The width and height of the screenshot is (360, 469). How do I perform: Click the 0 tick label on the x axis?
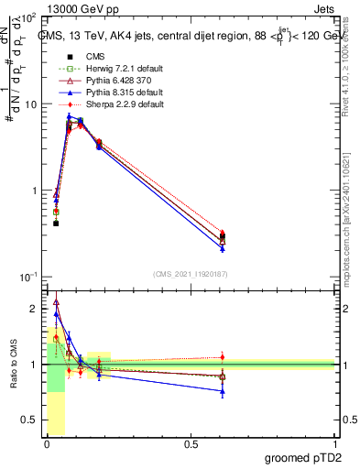coord(47,444)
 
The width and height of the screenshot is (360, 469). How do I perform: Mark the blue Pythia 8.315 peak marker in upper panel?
coord(69,116)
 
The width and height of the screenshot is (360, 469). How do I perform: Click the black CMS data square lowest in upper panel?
coord(56,224)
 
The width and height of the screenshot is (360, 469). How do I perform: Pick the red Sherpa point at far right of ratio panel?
coord(223,357)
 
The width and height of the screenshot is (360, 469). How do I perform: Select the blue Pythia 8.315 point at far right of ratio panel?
coord(223,391)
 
